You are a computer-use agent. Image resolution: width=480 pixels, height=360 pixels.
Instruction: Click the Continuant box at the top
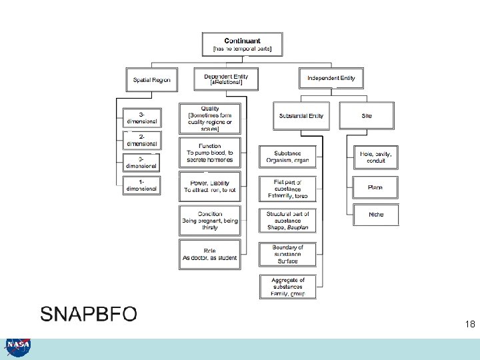(x=242, y=44)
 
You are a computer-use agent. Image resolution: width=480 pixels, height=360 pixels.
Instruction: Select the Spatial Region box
(x=151, y=80)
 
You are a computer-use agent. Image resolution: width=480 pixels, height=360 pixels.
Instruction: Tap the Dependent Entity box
(x=225, y=79)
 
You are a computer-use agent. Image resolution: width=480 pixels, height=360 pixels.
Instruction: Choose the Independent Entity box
(x=331, y=78)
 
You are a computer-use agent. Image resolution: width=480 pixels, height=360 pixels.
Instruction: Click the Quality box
(x=209, y=118)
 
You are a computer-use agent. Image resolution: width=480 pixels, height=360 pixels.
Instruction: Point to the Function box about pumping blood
(x=209, y=153)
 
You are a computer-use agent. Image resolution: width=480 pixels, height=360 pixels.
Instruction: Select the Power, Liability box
(x=209, y=186)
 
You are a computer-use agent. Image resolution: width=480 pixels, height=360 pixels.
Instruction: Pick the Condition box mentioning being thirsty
(x=209, y=221)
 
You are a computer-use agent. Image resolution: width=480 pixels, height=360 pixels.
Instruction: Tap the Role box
(x=209, y=254)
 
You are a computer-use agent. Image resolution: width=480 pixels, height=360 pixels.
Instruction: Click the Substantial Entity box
(x=301, y=115)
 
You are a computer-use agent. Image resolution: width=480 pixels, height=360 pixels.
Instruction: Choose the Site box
(x=367, y=115)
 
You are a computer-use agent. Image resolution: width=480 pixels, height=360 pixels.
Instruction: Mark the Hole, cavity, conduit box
(x=375, y=157)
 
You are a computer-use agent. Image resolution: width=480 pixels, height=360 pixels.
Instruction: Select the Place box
(x=375, y=187)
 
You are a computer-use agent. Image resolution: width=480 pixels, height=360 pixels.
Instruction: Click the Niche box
(x=375, y=215)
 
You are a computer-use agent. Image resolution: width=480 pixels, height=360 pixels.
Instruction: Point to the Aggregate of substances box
(x=287, y=287)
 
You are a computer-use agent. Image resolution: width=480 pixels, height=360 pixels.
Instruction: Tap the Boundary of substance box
(x=287, y=254)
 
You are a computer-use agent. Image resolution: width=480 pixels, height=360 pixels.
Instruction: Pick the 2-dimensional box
(x=141, y=139)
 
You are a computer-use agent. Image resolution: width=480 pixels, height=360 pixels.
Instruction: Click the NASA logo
(x=17, y=347)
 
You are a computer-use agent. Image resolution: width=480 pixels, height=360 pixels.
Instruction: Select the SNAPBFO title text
(x=89, y=313)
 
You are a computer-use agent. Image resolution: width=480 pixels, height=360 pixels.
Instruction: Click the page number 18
(x=470, y=325)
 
